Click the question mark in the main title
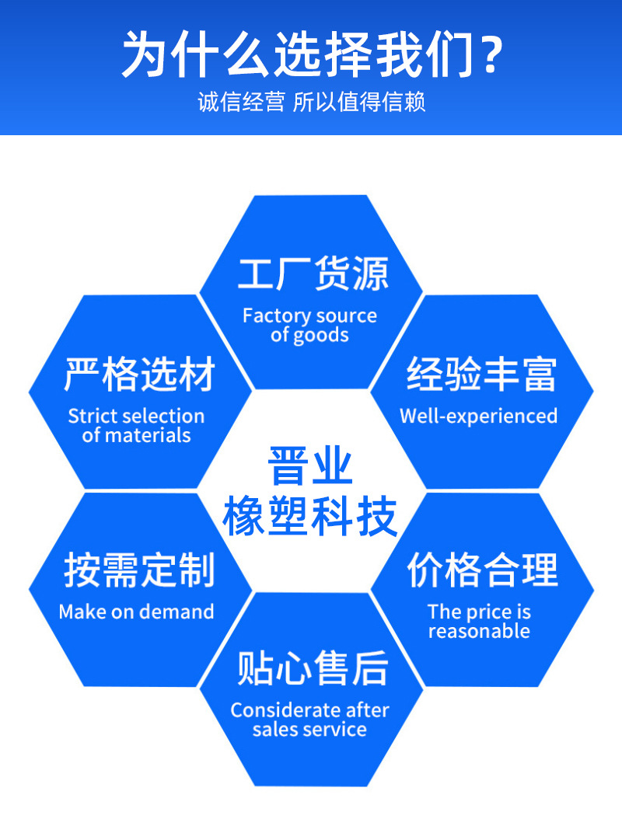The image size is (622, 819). pos(487,54)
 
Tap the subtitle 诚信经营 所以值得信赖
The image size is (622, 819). pos(311,103)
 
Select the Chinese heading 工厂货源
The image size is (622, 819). pos(313,275)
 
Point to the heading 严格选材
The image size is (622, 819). pos(139,375)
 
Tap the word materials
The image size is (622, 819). pos(148,436)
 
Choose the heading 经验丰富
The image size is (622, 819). pos(481,375)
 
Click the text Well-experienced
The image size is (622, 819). pos(478,416)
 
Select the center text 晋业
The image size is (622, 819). pos(310,466)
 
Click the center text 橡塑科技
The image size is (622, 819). pos(310,517)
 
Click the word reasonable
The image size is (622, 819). pos(479,632)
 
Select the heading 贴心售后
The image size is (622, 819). pos(313,668)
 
